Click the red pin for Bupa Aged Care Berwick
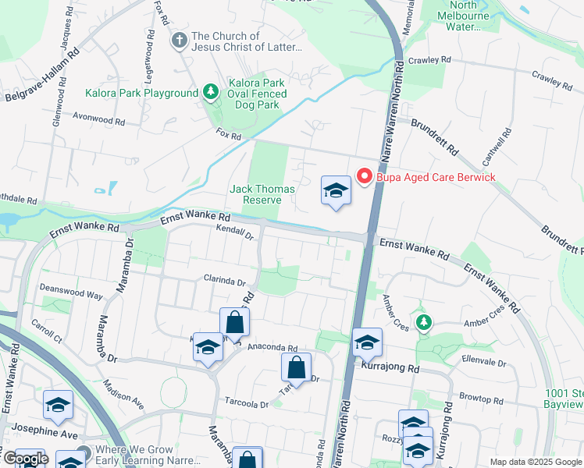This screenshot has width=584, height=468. click(x=364, y=176)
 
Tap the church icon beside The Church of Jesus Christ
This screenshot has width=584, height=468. click(x=179, y=40)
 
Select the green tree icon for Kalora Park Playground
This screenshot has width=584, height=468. click(x=210, y=93)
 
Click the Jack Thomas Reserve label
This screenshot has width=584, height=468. click(x=262, y=194)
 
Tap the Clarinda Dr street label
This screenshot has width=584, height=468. click(x=225, y=282)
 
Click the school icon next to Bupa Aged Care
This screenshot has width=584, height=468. click(x=336, y=190)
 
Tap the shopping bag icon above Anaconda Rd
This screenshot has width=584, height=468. click(x=234, y=321)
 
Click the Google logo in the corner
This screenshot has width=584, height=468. click(x=25, y=459)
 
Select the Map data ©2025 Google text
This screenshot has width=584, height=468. click(x=535, y=462)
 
